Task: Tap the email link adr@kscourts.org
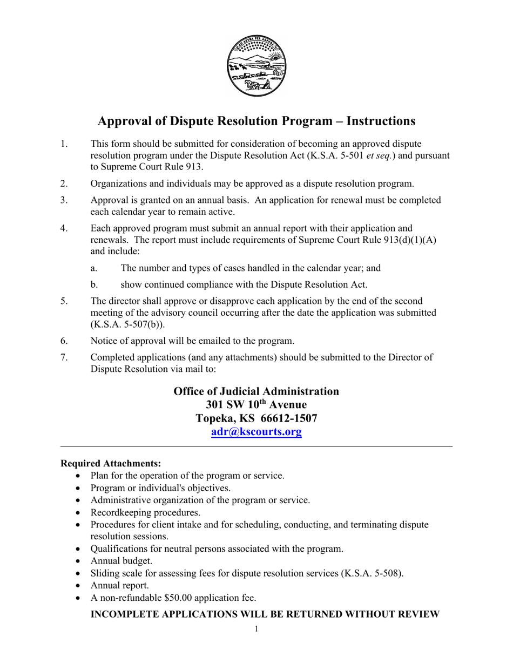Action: click(256, 432)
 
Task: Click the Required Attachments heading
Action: click(111, 464)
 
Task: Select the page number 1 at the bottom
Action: click(256, 629)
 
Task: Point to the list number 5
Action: click(64, 301)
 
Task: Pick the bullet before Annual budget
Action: click(80, 561)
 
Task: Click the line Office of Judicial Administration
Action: click(256, 391)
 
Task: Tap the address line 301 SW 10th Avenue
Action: click(256, 404)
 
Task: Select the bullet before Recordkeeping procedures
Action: click(80, 512)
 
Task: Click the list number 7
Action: click(64, 357)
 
